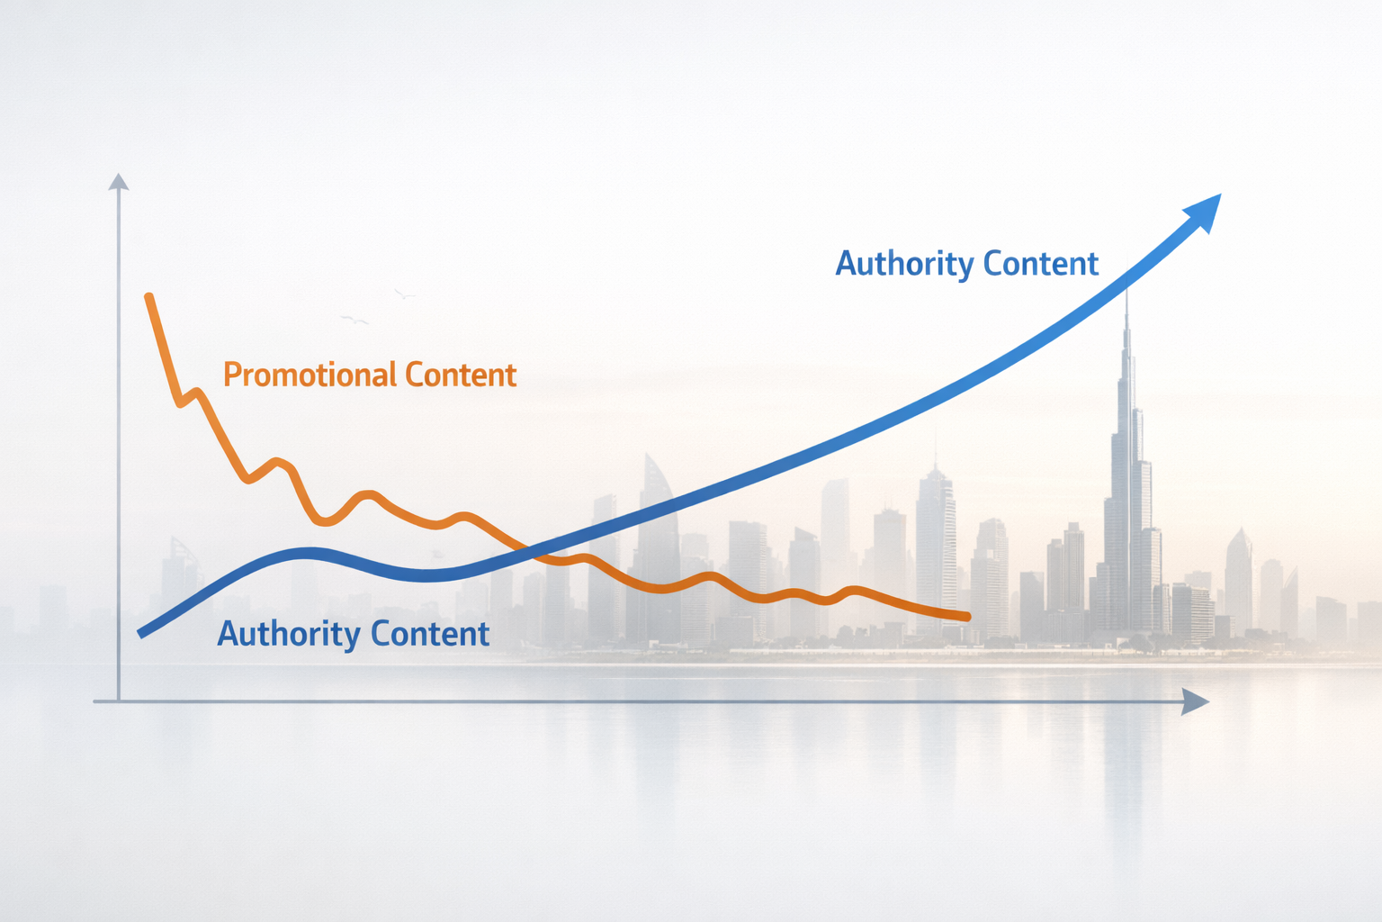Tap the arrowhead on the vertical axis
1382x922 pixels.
[118, 182]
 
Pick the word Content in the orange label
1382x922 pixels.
[461, 375]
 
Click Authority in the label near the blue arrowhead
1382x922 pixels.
[904, 264]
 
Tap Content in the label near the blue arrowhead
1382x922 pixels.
[1041, 264]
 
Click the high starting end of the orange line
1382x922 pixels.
[148, 296]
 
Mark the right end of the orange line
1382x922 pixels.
[967, 617]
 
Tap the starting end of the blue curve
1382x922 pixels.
[141, 633]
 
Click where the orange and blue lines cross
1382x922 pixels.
[531, 551]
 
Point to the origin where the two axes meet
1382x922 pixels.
[118, 701]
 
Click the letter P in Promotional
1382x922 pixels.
[231, 375]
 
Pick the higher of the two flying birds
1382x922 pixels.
[404, 294]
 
